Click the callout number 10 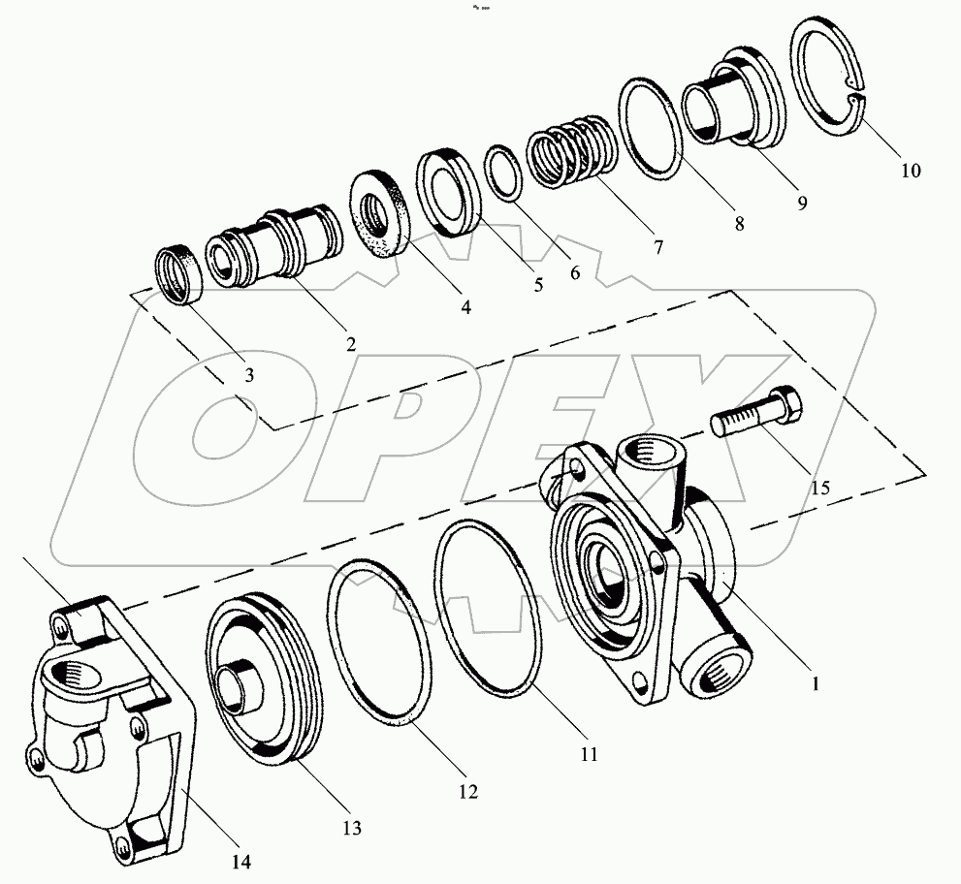[x=910, y=171]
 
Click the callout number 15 [x=819, y=488]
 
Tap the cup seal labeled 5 [x=448, y=193]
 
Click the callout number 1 [x=815, y=683]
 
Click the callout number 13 [x=350, y=827]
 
